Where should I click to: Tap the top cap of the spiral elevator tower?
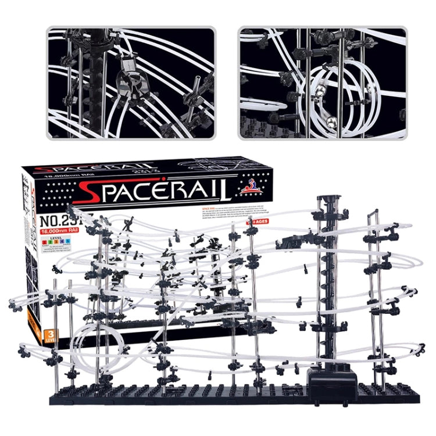[x=328, y=202]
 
